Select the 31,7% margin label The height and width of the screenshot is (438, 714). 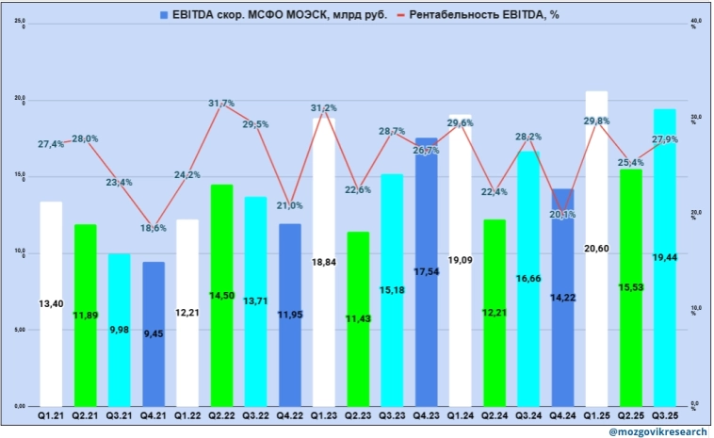[221, 104]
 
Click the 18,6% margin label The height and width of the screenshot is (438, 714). [154, 228]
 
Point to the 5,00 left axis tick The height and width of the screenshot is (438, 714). [19, 330]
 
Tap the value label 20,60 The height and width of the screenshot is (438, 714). [596, 273]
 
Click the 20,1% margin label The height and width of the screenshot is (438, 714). [562, 214]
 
